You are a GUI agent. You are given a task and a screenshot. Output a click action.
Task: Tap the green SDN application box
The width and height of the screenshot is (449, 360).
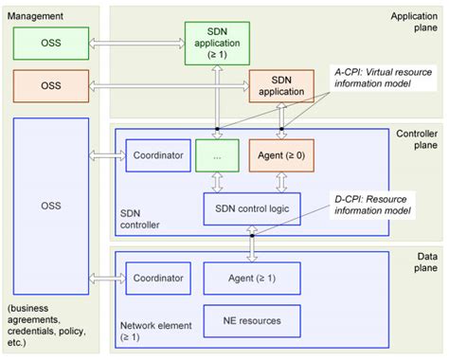tap(217, 41)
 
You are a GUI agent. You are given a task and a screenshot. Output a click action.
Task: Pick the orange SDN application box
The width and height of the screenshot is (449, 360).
tap(281, 85)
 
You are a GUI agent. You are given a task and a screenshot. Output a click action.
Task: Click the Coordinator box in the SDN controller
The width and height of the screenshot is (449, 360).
tap(157, 155)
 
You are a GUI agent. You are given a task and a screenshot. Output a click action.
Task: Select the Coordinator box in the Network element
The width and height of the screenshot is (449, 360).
tap(157, 277)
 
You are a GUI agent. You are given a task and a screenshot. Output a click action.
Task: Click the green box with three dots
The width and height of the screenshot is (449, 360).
tap(217, 155)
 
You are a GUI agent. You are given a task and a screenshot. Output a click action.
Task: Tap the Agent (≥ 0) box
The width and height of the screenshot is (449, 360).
tap(280, 155)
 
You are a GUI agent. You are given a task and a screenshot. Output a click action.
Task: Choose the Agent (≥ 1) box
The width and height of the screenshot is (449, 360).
tap(253, 277)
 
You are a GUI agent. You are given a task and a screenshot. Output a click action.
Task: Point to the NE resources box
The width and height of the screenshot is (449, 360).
tap(253, 320)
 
